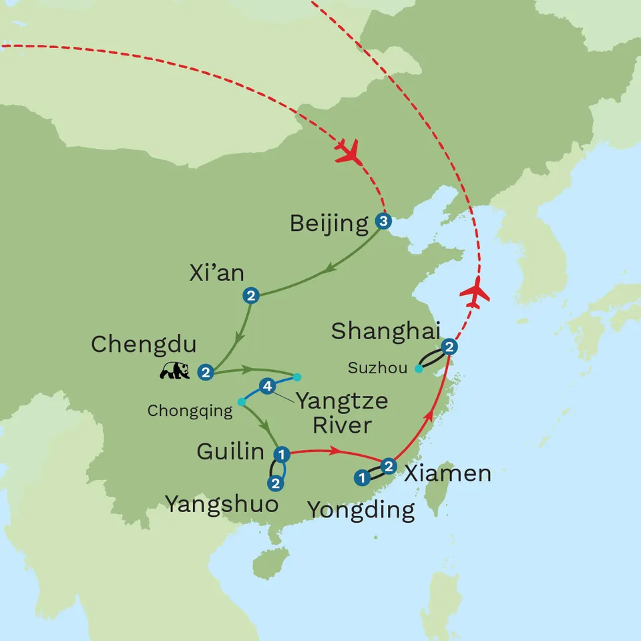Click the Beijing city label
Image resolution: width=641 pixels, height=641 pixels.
329,224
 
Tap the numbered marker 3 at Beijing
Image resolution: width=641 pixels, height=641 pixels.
383,220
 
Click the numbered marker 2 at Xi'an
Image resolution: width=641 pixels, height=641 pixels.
251,294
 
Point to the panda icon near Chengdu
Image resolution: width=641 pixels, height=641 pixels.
175,371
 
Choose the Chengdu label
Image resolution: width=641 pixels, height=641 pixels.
144,345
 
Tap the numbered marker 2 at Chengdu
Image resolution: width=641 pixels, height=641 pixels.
206,372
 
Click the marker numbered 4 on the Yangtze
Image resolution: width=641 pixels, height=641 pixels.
267,386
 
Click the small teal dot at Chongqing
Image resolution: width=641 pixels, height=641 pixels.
241,402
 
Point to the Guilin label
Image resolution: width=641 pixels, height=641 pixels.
230,452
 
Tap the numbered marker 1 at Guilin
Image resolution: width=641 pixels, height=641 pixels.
282,455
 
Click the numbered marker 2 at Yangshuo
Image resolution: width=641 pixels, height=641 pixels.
274,483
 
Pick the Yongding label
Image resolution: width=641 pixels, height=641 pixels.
361,511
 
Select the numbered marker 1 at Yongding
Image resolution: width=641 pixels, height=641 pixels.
362,477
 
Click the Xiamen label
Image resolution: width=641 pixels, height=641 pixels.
448,474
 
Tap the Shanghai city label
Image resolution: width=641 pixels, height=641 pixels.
386,331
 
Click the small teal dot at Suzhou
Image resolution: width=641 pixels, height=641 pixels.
419,369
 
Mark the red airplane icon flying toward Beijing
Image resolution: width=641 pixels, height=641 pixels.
348,153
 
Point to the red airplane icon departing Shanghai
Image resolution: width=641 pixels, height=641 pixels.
475,293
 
